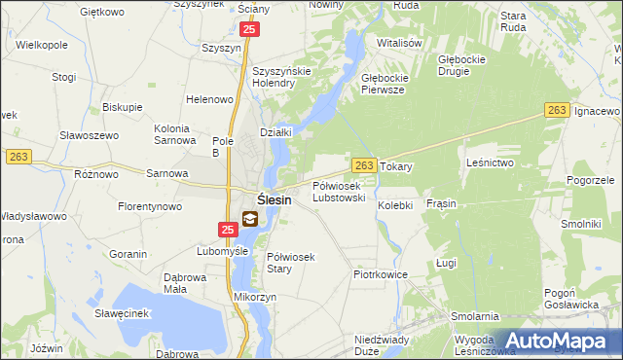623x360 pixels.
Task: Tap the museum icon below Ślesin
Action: (x=250, y=220)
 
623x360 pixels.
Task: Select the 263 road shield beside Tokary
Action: (x=364, y=166)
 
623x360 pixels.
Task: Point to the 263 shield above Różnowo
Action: (x=18, y=157)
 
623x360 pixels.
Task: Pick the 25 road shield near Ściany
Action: (x=250, y=31)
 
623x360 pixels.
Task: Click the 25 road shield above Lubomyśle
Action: (x=228, y=230)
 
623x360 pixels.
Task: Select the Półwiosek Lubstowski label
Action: (x=339, y=191)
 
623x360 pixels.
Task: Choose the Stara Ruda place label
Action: (x=513, y=21)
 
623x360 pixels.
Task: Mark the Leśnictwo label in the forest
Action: (x=490, y=162)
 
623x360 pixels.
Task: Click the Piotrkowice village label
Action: (x=379, y=275)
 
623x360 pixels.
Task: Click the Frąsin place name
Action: (x=441, y=204)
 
